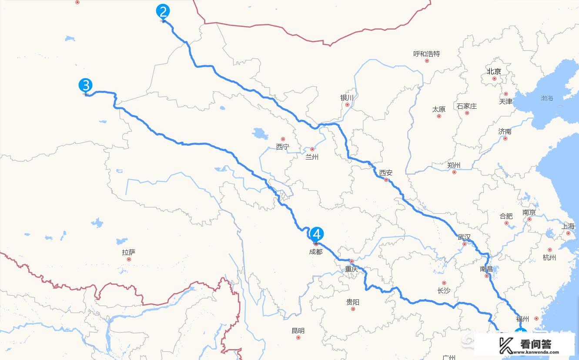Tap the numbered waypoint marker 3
85,85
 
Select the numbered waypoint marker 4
317,234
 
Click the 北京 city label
494,71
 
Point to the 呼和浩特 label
426,54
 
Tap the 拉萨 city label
129,252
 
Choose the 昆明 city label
298,331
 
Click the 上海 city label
568,226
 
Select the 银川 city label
347,98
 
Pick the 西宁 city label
282,147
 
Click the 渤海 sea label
547,99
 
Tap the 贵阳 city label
353,302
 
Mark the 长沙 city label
444,291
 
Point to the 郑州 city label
454,165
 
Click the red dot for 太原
438,116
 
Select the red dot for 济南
505,139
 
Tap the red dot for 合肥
506,223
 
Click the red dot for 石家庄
467,113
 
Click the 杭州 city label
549,257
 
